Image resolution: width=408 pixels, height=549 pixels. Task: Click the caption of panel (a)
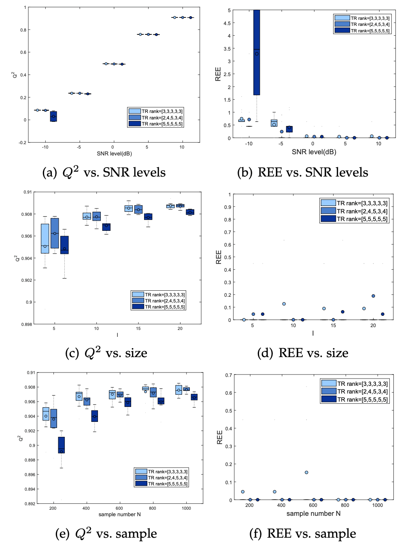click(x=104, y=172)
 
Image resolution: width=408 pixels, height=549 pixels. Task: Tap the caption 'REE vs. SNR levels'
click(x=302, y=172)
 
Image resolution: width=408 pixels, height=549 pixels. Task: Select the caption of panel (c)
click(x=106, y=353)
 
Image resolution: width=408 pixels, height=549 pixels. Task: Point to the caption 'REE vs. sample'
click(x=302, y=534)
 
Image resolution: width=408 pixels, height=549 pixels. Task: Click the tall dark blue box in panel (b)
click(x=257, y=53)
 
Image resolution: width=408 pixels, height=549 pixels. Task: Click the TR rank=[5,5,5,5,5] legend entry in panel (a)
click(x=156, y=124)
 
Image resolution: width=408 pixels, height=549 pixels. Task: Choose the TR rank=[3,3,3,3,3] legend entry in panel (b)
click(x=362, y=18)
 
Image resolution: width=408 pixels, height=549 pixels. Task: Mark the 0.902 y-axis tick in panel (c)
click(x=26, y=280)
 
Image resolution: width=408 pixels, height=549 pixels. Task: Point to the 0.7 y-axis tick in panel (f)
click(x=229, y=375)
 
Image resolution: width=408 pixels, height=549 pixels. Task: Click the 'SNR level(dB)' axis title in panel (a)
click(x=114, y=154)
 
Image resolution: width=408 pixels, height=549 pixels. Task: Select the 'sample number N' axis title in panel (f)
click(x=313, y=513)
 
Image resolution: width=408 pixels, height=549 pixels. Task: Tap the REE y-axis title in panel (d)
click(x=219, y=257)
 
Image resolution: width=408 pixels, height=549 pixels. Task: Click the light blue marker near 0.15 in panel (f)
click(x=306, y=472)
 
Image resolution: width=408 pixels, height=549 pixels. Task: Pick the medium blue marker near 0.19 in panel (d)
click(x=373, y=296)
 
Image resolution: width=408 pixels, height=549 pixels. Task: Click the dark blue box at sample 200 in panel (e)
click(x=62, y=445)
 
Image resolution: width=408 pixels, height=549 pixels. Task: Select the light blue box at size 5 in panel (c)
click(x=45, y=238)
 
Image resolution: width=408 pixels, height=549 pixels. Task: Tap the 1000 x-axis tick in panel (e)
click(x=186, y=508)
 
